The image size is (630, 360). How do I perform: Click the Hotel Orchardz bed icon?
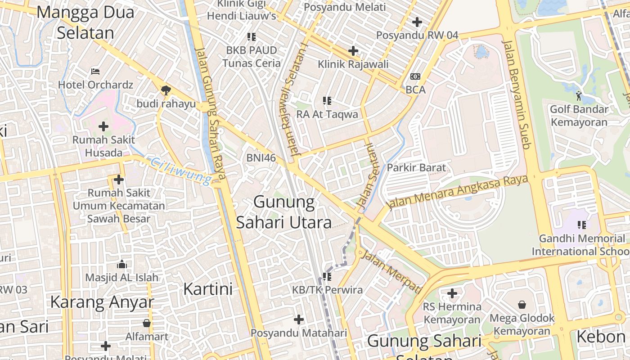point(95,71)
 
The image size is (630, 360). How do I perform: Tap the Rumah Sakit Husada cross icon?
point(103,126)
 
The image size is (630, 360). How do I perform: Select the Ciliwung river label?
point(180,171)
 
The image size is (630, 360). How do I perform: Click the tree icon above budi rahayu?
point(166,90)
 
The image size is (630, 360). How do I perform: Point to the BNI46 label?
point(261,157)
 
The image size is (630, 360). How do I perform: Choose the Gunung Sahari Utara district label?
point(284,211)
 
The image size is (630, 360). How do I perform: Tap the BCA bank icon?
point(415,76)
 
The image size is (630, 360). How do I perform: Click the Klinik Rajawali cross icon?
point(353,50)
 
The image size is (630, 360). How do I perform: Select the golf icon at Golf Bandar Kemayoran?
point(579,95)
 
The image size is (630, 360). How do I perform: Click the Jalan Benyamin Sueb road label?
point(517,94)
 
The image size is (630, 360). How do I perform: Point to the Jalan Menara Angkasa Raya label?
point(457,192)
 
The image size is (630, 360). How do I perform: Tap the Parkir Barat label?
point(417,168)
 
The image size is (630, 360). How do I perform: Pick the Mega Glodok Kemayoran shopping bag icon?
point(522,305)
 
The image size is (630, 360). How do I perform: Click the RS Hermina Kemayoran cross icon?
point(452,294)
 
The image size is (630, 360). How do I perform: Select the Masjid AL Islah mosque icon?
point(121,264)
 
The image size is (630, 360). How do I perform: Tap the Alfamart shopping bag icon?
point(147,323)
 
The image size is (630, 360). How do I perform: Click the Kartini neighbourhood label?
point(208,289)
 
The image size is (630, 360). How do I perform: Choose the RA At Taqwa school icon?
point(327,101)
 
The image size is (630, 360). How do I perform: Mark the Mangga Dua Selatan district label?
point(85,22)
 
